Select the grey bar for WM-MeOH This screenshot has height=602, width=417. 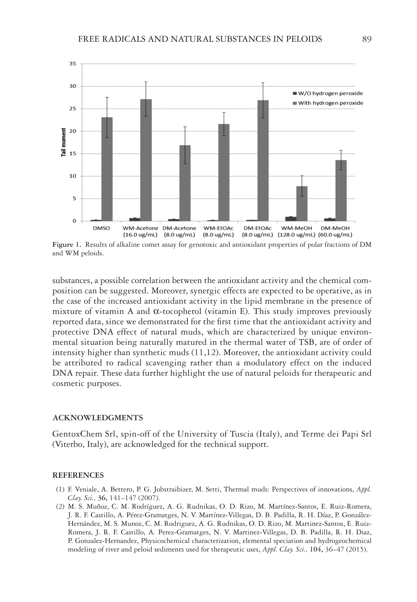pyautogui.click(x=302, y=203)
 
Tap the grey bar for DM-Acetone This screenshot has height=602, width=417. pyautogui.click(x=185, y=183)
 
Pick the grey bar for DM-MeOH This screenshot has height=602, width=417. pyautogui.click(x=341, y=190)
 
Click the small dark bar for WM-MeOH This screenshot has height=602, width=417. pyautogui.click(x=290, y=219)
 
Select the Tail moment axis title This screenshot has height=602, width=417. pyautogui.click(x=64, y=142)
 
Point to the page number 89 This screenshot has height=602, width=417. pyautogui.click(x=367, y=39)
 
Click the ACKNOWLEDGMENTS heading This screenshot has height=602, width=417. pyautogui.click(x=98, y=418)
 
